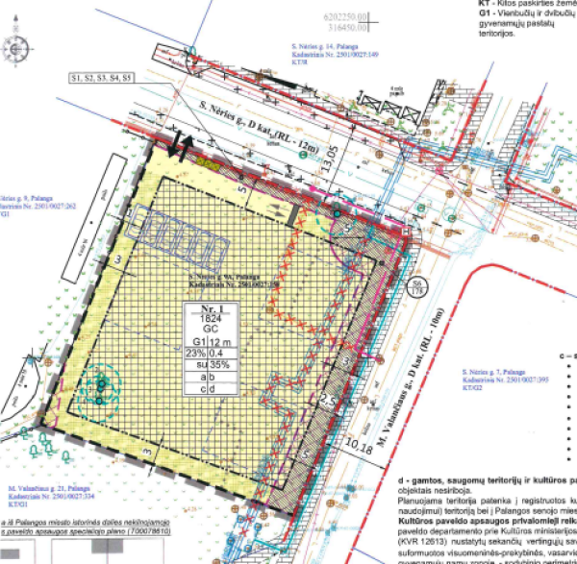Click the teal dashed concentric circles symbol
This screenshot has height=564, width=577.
tap(99, 384)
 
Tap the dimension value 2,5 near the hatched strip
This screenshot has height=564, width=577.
tap(326, 398)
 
